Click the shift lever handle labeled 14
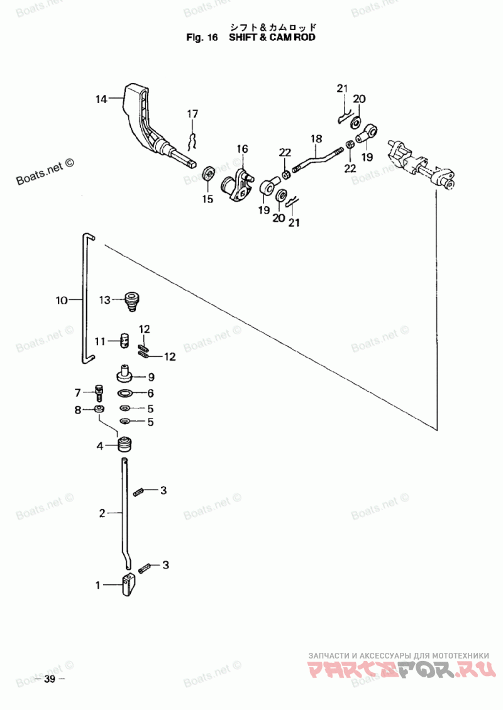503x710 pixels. pos(150,123)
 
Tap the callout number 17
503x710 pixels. pos(192,114)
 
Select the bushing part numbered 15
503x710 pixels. pos(209,173)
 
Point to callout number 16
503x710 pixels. pos(243,148)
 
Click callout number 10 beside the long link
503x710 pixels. pos(62,300)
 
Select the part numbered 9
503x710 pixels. pos(124,374)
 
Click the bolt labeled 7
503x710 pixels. pos(99,392)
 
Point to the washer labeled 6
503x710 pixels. pos(125,393)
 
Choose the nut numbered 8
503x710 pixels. pos(99,409)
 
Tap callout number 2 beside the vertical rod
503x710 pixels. pos(102,513)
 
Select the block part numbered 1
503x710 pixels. pos(129,585)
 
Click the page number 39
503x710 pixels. pos(50,679)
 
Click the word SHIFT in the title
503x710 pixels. pos(243,37)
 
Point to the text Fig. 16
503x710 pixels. pos(202,37)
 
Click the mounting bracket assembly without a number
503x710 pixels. pos(419,163)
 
